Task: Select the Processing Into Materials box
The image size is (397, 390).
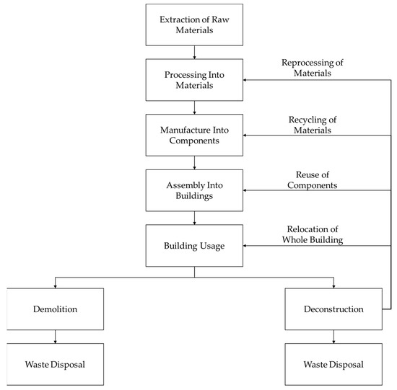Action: (x=194, y=79)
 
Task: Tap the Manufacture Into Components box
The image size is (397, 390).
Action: (x=194, y=135)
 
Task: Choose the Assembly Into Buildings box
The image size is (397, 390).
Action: (x=194, y=190)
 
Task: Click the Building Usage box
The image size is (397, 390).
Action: (x=194, y=246)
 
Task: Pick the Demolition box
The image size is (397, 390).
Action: (x=56, y=309)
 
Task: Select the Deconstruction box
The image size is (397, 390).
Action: (x=333, y=309)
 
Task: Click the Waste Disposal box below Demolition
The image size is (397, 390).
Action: (x=56, y=364)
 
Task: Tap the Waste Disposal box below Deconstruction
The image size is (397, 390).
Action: (x=333, y=364)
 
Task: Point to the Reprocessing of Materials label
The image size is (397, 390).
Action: (x=312, y=68)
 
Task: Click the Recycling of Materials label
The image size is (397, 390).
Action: (x=312, y=123)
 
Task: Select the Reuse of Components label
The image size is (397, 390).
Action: (x=312, y=179)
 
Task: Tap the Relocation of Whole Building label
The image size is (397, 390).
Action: (x=312, y=234)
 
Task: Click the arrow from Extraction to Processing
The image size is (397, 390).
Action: (x=194, y=52)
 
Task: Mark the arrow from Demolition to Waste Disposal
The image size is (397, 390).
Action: (x=56, y=337)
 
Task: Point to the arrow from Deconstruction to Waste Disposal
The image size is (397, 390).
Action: (x=333, y=337)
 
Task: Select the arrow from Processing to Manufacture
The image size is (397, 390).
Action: (x=194, y=107)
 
